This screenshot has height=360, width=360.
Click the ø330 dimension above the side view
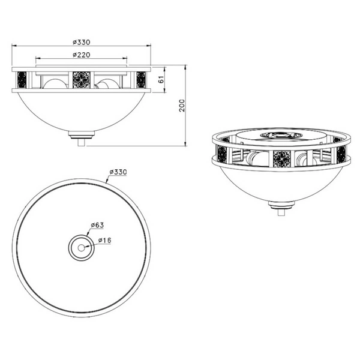[x=82, y=42]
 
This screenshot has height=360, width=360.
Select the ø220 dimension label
[x=82, y=55]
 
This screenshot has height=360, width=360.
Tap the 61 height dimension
[x=161, y=79]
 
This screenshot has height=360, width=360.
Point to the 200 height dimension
[x=182, y=106]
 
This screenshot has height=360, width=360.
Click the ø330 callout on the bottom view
[x=118, y=172]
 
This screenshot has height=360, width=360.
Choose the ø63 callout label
[x=97, y=225]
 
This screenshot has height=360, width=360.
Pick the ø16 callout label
[x=104, y=241]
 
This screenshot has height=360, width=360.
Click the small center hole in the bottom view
[x=81, y=248]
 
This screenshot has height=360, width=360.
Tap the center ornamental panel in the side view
[x=82, y=80]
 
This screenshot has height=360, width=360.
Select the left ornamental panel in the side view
[x=22, y=80]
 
